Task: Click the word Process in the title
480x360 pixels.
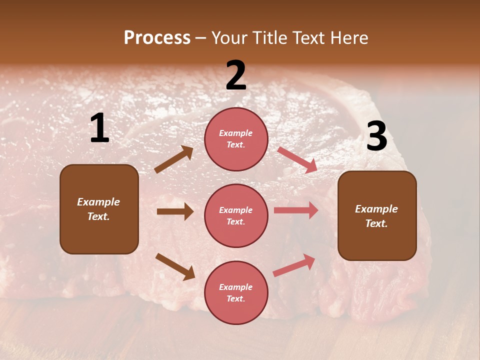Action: coord(157,38)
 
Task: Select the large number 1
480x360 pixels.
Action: coord(99,128)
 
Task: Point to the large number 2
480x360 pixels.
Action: coord(236,75)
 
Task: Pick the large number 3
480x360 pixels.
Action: coord(376,136)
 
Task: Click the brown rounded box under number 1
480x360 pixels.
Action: coord(99,209)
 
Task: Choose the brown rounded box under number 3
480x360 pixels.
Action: coord(377,216)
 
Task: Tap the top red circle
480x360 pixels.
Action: coord(236,139)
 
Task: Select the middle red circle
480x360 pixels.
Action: coord(236,216)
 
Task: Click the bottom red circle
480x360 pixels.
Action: coord(236,293)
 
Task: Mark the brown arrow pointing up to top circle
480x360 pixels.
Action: coord(174,159)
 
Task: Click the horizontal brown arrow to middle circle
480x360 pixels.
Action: coord(175,212)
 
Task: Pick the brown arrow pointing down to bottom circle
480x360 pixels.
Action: coord(175,266)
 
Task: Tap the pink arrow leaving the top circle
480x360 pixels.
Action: coord(297,159)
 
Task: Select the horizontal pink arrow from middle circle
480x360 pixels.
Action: coord(296,210)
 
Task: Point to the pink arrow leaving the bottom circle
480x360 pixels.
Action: coord(294,265)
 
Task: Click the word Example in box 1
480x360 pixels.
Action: coord(98,202)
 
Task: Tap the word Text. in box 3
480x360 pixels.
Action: coord(376,223)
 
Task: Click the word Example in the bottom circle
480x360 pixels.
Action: coord(236,287)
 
